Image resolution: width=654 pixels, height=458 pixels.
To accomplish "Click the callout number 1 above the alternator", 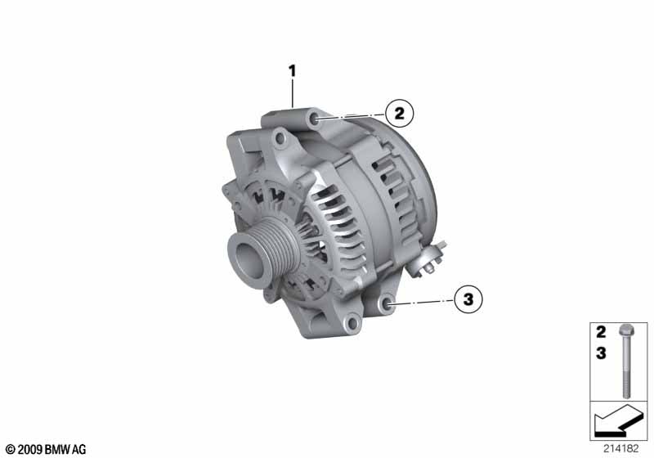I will pyautogui.click(x=291, y=71).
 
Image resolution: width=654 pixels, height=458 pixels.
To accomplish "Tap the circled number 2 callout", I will pyautogui.click(x=399, y=114).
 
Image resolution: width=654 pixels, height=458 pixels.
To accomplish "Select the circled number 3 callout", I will pyautogui.click(x=468, y=300).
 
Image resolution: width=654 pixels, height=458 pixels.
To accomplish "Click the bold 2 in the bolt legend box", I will pyautogui.click(x=601, y=333).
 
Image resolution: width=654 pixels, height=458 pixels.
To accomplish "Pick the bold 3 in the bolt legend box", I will pyautogui.click(x=601, y=353).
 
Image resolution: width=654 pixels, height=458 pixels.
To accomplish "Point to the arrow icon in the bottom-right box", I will pyautogui.click(x=617, y=424).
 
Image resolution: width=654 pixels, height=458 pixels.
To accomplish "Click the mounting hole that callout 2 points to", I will pyautogui.click(x=316, y=121).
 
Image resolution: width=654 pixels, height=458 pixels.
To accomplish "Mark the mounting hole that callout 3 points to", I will pyautogui.click(x=386, y=306).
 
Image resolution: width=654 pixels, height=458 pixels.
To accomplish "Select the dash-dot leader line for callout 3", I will pyautogui.click(x=421, y=303).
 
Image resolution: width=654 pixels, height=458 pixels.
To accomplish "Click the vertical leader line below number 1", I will pyautogui.click(x=291, y=94).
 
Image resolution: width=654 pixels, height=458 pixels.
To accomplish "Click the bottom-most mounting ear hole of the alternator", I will pyautogui.click(x=351, y=325).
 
